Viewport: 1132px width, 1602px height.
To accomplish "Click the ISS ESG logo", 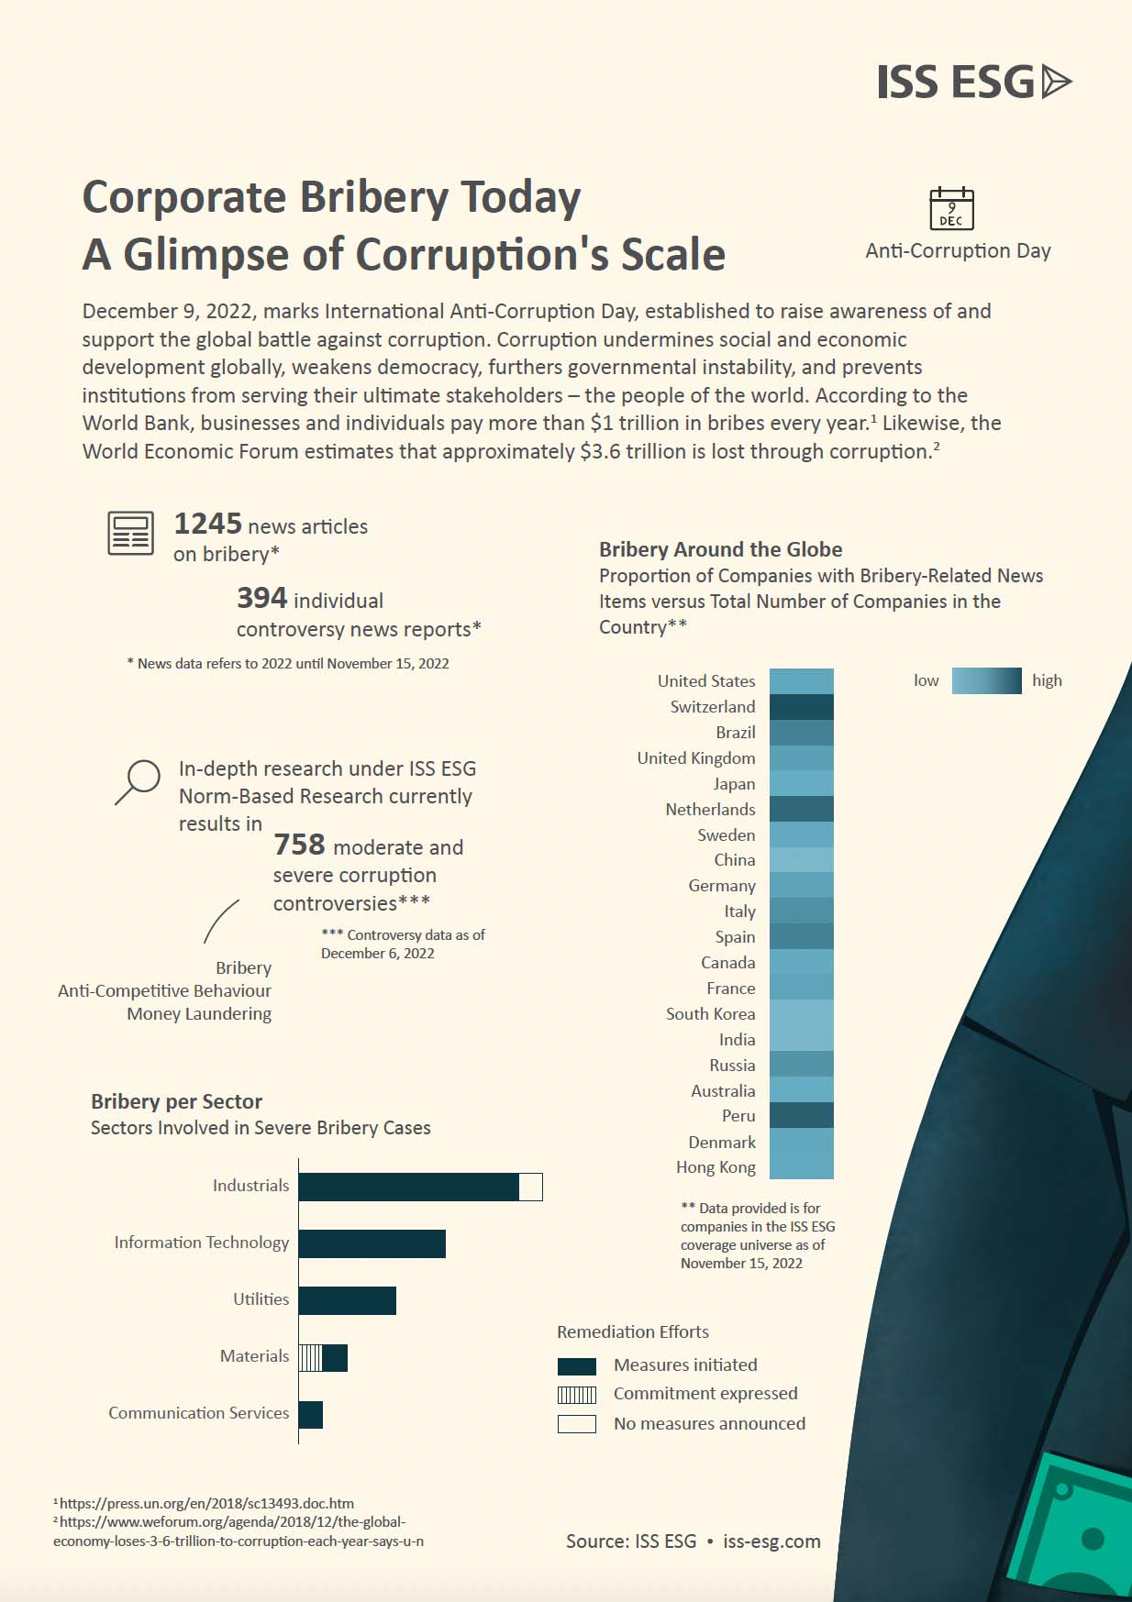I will (x=973, y=83).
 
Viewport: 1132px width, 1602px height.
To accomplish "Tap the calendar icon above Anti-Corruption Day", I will (x=951, y=208).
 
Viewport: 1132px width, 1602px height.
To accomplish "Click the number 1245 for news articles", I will (x=208, y=524).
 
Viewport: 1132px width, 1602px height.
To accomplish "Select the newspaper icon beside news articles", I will (x=130, y=534).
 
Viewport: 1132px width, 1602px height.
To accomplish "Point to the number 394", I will (x=261, y=598).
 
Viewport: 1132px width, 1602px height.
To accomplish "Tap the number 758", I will (x=299, y=845).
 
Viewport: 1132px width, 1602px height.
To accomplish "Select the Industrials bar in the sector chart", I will (x=408, y=1187).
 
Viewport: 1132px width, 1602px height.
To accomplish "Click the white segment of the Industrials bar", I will (x=530, y=1187).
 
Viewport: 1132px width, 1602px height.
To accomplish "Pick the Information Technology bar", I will (x=372, y=1243).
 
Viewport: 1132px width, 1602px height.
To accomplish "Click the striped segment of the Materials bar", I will (x=311, y=1358).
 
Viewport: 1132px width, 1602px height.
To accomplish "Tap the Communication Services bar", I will (x=310, y=1415).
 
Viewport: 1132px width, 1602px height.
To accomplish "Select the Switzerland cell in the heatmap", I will (x=801, y=707).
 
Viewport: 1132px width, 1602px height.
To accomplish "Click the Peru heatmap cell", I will (x=801, y=1115).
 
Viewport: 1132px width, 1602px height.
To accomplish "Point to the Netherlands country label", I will (x=710, y=810).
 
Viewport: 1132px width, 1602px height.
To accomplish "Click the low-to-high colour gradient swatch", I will (x=986, y=680).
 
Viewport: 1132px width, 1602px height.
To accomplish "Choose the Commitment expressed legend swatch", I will (x=577, y=1395).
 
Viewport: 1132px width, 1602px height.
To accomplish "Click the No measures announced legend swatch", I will (x=577, y=1424).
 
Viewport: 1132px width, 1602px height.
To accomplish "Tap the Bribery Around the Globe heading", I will (x=720, y=549).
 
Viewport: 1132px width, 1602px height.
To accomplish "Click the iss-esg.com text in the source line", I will (x=771, y=1541).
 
